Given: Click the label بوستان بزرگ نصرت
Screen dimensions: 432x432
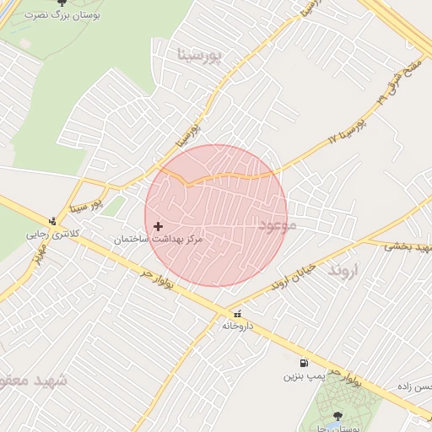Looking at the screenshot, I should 58,15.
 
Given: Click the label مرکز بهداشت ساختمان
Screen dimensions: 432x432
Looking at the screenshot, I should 159,240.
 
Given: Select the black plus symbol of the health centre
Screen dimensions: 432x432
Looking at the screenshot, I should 158,226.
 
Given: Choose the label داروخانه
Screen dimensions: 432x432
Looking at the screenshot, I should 238,324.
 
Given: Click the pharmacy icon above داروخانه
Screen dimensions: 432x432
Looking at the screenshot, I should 237,312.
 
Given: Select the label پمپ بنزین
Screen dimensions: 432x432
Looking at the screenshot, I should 303,374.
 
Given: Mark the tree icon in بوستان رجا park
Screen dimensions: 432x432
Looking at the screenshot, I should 338,415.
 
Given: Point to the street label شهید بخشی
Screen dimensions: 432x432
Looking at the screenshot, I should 408,246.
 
